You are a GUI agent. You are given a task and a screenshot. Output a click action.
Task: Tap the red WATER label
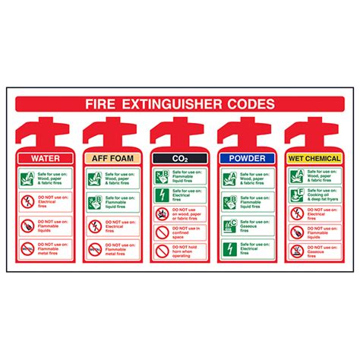(x=44, y=158)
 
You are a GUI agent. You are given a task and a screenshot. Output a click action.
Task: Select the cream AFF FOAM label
(x=112, y=158)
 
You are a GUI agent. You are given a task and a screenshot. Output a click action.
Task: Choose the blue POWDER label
(x=246, y=158)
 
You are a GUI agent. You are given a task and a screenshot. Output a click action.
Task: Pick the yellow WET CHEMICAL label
(x=314, y=158)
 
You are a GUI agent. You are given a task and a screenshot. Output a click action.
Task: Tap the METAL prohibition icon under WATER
(x=27, y=248)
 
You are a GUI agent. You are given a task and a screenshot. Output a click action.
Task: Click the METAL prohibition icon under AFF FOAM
(x=95, y=248)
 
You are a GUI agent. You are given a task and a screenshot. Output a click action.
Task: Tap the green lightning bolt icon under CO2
(x=162, y=194)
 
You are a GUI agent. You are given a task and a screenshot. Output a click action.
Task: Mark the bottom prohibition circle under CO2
(x=162, y=250)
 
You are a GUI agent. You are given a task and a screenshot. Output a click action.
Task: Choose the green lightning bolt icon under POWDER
(x=229, y=248)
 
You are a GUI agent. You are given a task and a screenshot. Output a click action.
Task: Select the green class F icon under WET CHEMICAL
(x=297, y=194)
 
